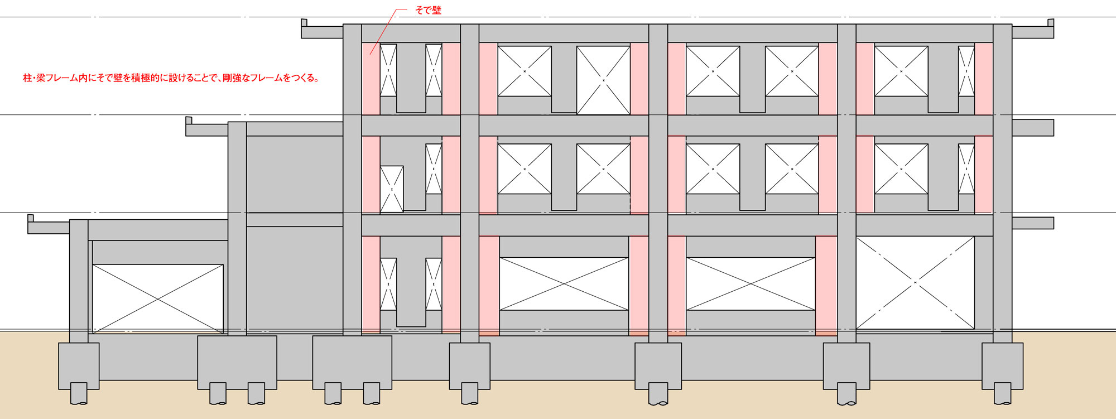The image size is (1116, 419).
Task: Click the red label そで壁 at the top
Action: click(x=428, y=10)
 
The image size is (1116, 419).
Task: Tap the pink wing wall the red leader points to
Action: click(x=371, y=79)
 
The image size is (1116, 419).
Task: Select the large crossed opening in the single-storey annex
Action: click(x=157, y=299)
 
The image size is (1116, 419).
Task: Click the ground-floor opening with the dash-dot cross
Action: click(x=915, y=282)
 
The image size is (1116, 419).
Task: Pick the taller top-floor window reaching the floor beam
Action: click(x=603, y=80)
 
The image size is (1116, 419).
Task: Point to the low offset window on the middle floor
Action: click(x=392, y=189)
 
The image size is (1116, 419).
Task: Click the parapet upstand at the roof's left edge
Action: click(x=304, y=22)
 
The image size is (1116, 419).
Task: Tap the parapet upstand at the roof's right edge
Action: click(x=1051, y=22)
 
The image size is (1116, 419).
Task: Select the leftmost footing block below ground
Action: click(x=79, y=366)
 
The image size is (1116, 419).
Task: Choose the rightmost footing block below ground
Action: click(x=1002, y=366)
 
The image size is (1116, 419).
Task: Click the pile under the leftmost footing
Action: click(x=79, y=393)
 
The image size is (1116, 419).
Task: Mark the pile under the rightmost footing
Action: click(x=1002, y=393)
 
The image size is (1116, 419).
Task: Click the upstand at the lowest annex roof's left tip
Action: click(x=31, y=218)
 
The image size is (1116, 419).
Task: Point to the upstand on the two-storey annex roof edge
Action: click(x=189, y=121)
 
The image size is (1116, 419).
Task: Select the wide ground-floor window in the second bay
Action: click(x=564, y=283)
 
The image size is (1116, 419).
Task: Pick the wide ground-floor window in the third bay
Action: click(x=751, y=283)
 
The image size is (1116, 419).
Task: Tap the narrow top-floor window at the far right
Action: click(x=966, y=71)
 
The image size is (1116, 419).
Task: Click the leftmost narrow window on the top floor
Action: click(x=388, y=70)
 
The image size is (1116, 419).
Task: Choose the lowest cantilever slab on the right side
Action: click(x=1033, y=223)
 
